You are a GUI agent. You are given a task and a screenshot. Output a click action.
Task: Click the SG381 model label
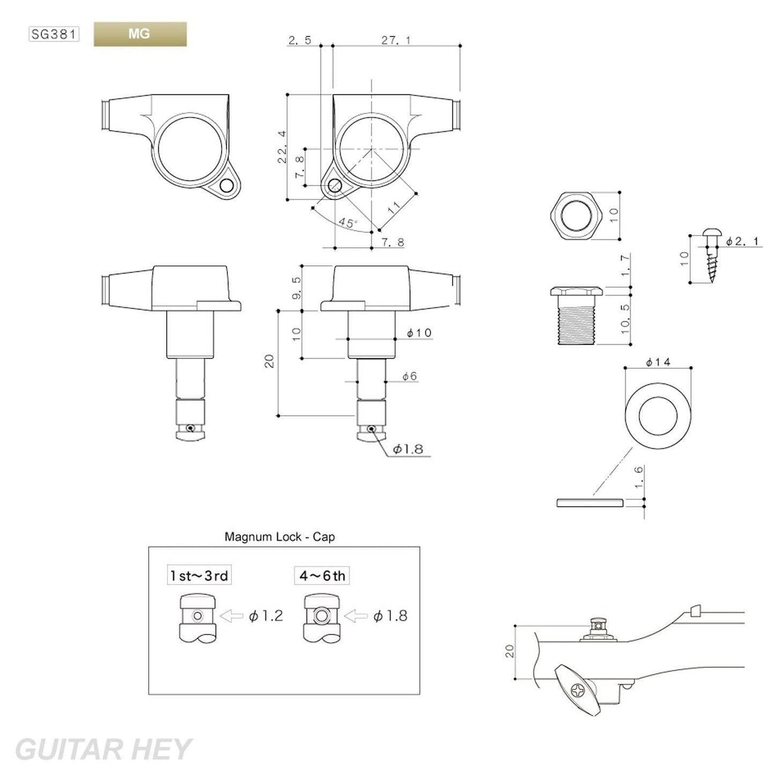tap(54, 35)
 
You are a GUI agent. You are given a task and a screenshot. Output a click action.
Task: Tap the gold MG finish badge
tap(140, 34)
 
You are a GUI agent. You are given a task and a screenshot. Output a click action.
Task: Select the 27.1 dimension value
tap(396, 40)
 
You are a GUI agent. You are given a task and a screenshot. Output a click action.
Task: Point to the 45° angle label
tap(348, 223)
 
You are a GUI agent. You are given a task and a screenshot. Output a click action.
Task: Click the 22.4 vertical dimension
tap(283, 147)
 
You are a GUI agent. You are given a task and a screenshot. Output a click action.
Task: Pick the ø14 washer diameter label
tap(658, 363)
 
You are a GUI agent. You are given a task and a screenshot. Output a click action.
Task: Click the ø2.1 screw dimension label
tap(743, 242)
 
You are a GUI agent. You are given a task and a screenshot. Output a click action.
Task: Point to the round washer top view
tap(658, 415)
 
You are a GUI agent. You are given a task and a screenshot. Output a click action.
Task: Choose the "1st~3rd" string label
tap(199, 576)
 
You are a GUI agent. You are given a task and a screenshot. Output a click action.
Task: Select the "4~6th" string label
tap(322, 576)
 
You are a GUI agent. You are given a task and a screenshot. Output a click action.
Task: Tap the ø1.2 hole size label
tap(265, 616)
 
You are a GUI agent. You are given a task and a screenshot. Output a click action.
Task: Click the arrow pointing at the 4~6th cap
tap(355, 616)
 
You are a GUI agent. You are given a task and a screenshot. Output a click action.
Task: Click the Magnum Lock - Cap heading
tap(279, 537)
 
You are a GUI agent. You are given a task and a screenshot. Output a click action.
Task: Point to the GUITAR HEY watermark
tap(102, 749)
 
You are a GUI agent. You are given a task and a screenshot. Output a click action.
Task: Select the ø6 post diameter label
tap(409, 377)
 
